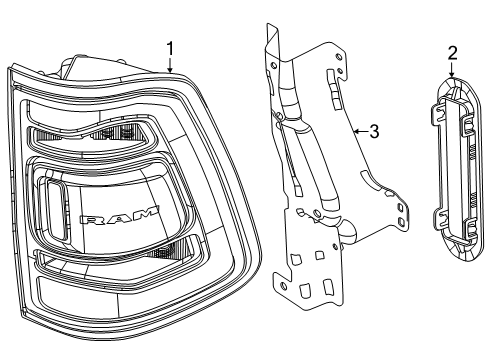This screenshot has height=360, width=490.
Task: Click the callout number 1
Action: pos(170,48)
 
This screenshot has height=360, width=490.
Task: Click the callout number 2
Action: pos(452,52)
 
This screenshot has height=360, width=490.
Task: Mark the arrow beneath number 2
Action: pos(452,71)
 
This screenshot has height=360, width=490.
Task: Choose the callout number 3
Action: pos(373,130)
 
